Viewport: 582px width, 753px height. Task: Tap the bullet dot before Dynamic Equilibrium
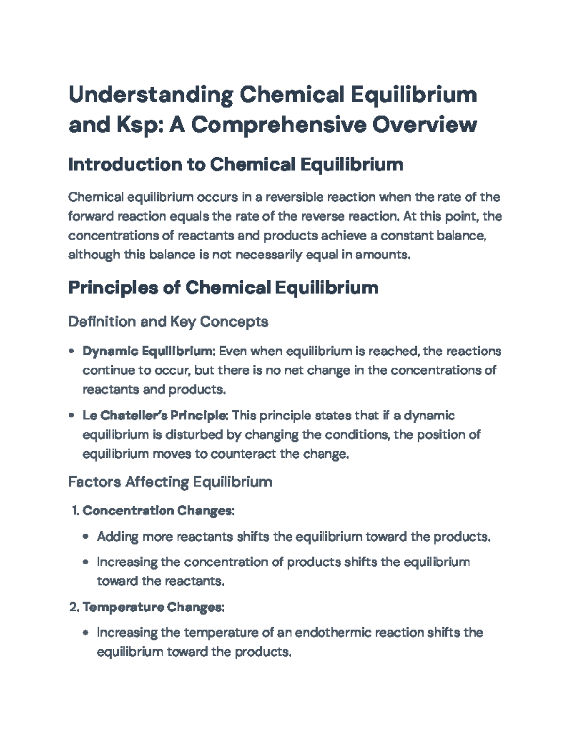coord(72,351)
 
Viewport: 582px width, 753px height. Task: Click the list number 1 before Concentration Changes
coord(74,511)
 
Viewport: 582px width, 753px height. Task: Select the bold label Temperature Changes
coord(153,607)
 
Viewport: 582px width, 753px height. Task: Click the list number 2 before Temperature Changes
coord(74,607)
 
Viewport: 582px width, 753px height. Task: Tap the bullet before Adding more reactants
coord(86,537)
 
